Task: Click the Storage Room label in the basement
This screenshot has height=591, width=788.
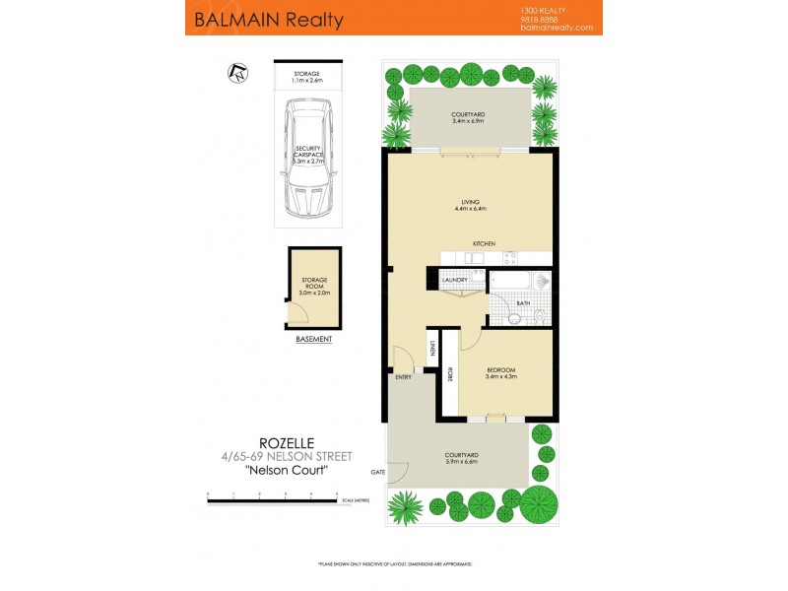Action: tap(314, 286)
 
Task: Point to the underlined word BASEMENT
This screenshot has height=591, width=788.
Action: tap(314, 340)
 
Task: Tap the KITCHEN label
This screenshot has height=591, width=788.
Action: tap(483, 243)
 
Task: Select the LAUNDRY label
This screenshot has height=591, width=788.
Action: tap(455, 280)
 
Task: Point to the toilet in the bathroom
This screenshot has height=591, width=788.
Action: tap(541, 315)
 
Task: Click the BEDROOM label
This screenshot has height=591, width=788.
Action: tap(500, 372)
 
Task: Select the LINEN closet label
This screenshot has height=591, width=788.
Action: tap(432, 349)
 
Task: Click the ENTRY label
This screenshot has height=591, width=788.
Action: tap(403, 377)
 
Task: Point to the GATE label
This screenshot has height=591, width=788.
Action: tap(377, 472)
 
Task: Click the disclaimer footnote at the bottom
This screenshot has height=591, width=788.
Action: tap(394, 563)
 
